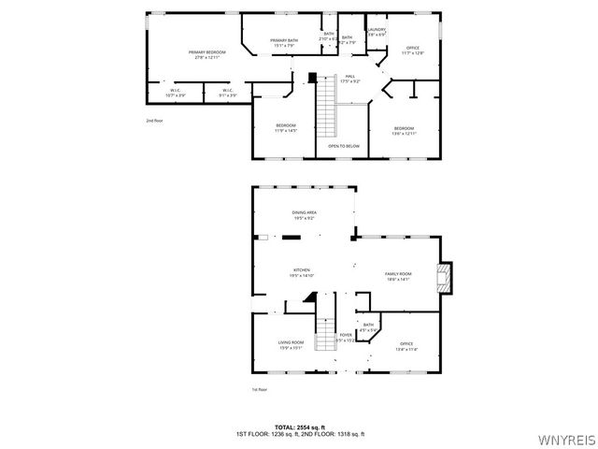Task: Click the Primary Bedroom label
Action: (207, 54)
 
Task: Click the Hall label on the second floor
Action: (350, 79)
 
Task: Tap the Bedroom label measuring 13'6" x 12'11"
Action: (404, 130)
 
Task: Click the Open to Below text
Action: (344, 146)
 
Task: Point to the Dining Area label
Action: (305, 215)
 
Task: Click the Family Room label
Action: (398, 276)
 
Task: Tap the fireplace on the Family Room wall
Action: (444, 276)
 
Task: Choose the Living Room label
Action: (291, 345)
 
